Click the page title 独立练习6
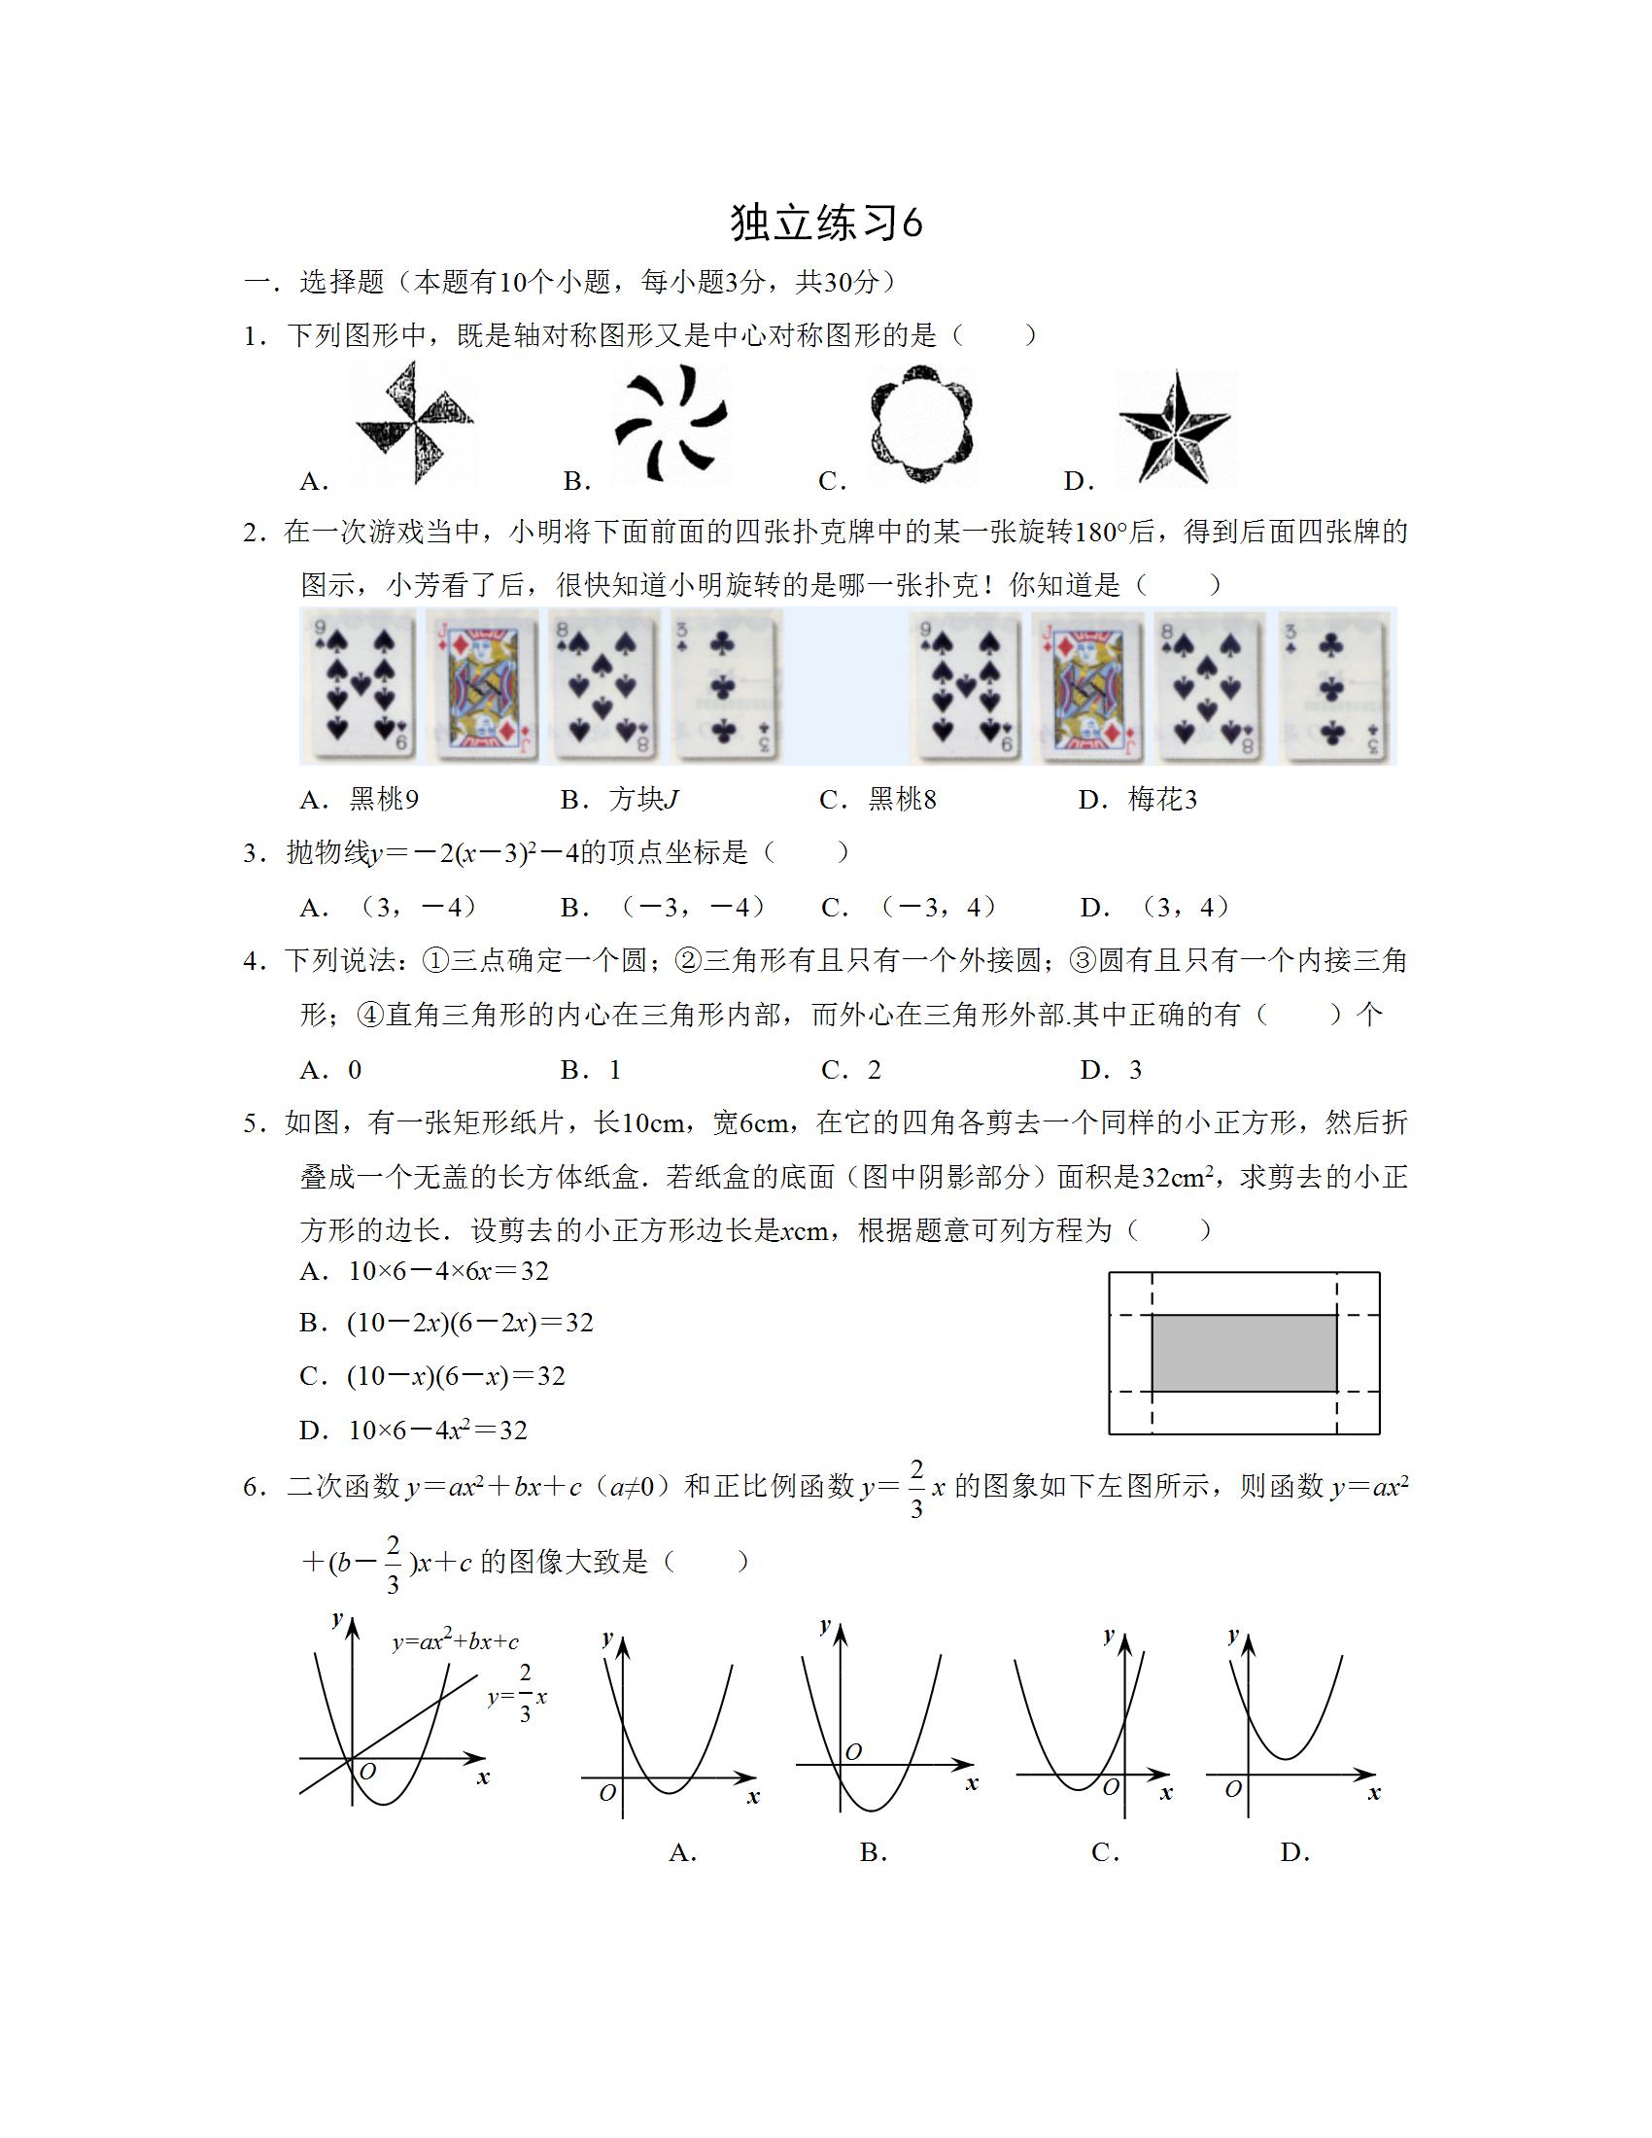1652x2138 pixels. point(826,224)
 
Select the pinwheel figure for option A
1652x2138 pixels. point(415,423)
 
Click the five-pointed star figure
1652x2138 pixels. point(1176,429)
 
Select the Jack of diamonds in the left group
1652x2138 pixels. point(483,685)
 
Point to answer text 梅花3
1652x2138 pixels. point(1162,800)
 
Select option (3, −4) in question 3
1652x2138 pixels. point(418,908)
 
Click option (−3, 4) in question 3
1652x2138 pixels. point(938,908)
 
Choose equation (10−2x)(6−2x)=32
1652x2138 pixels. point(470,1323)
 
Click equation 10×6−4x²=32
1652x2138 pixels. point(438,1431)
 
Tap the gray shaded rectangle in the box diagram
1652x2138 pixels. point(1244,1353)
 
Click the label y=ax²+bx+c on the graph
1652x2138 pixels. point(455,1641)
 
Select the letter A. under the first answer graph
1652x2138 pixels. point(683,1852)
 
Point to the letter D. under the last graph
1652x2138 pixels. point(1294,1852)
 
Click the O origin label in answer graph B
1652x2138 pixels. point(853,1752)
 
